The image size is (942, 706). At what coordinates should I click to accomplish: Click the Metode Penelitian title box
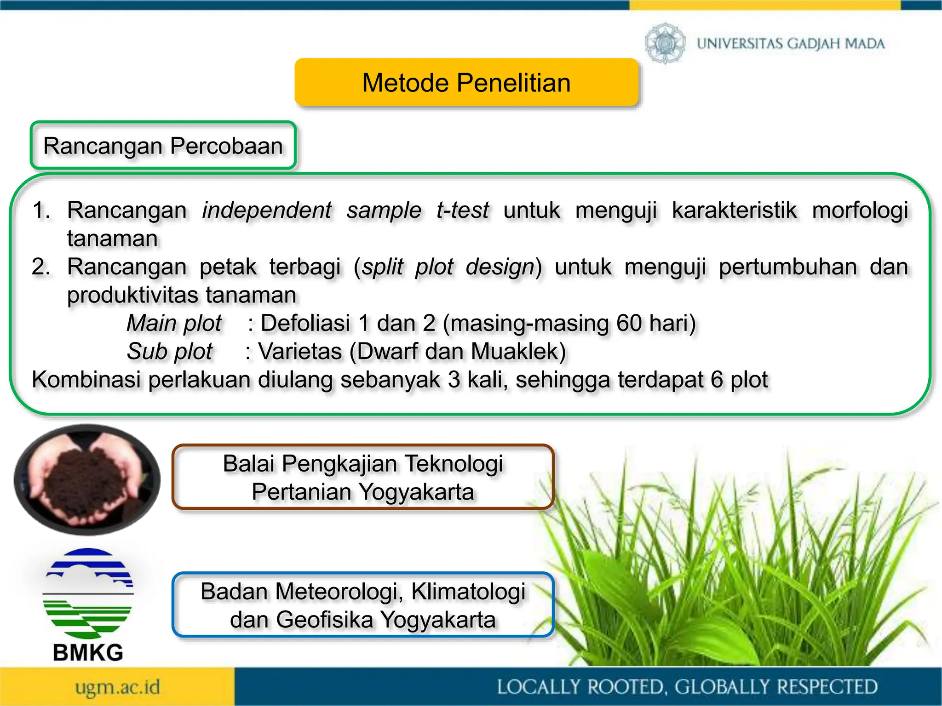[x=466, y=83]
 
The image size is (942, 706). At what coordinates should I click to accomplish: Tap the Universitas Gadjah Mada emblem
[x=665, y=43]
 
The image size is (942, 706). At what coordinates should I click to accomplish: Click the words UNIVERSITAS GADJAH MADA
[x=791, y=44]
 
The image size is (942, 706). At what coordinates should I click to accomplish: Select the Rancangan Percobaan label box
[x=163, y=146]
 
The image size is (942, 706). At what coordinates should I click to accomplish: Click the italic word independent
[x=266, y=211]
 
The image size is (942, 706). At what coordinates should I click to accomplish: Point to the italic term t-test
[x=462, y=211]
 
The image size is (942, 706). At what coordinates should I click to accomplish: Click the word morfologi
[x=860, y=211]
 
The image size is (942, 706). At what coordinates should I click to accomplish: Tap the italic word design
[x=500, y=267]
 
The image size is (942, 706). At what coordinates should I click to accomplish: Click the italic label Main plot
[x=174, y=323]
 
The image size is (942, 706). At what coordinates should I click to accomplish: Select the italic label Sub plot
[x=169, y=352]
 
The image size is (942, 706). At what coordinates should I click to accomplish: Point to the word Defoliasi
[x=305, y=323]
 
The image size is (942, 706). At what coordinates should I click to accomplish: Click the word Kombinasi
[x=86, y=380]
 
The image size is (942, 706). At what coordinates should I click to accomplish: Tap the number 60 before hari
[x=629, y=323]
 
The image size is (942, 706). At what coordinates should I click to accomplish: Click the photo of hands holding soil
[x=87, y=479]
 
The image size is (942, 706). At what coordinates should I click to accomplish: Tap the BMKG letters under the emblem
[x=88, y=653]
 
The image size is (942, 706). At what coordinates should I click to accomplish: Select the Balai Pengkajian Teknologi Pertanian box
[x=363, y=477]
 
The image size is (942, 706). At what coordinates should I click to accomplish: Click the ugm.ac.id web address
[x=118, y=688]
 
